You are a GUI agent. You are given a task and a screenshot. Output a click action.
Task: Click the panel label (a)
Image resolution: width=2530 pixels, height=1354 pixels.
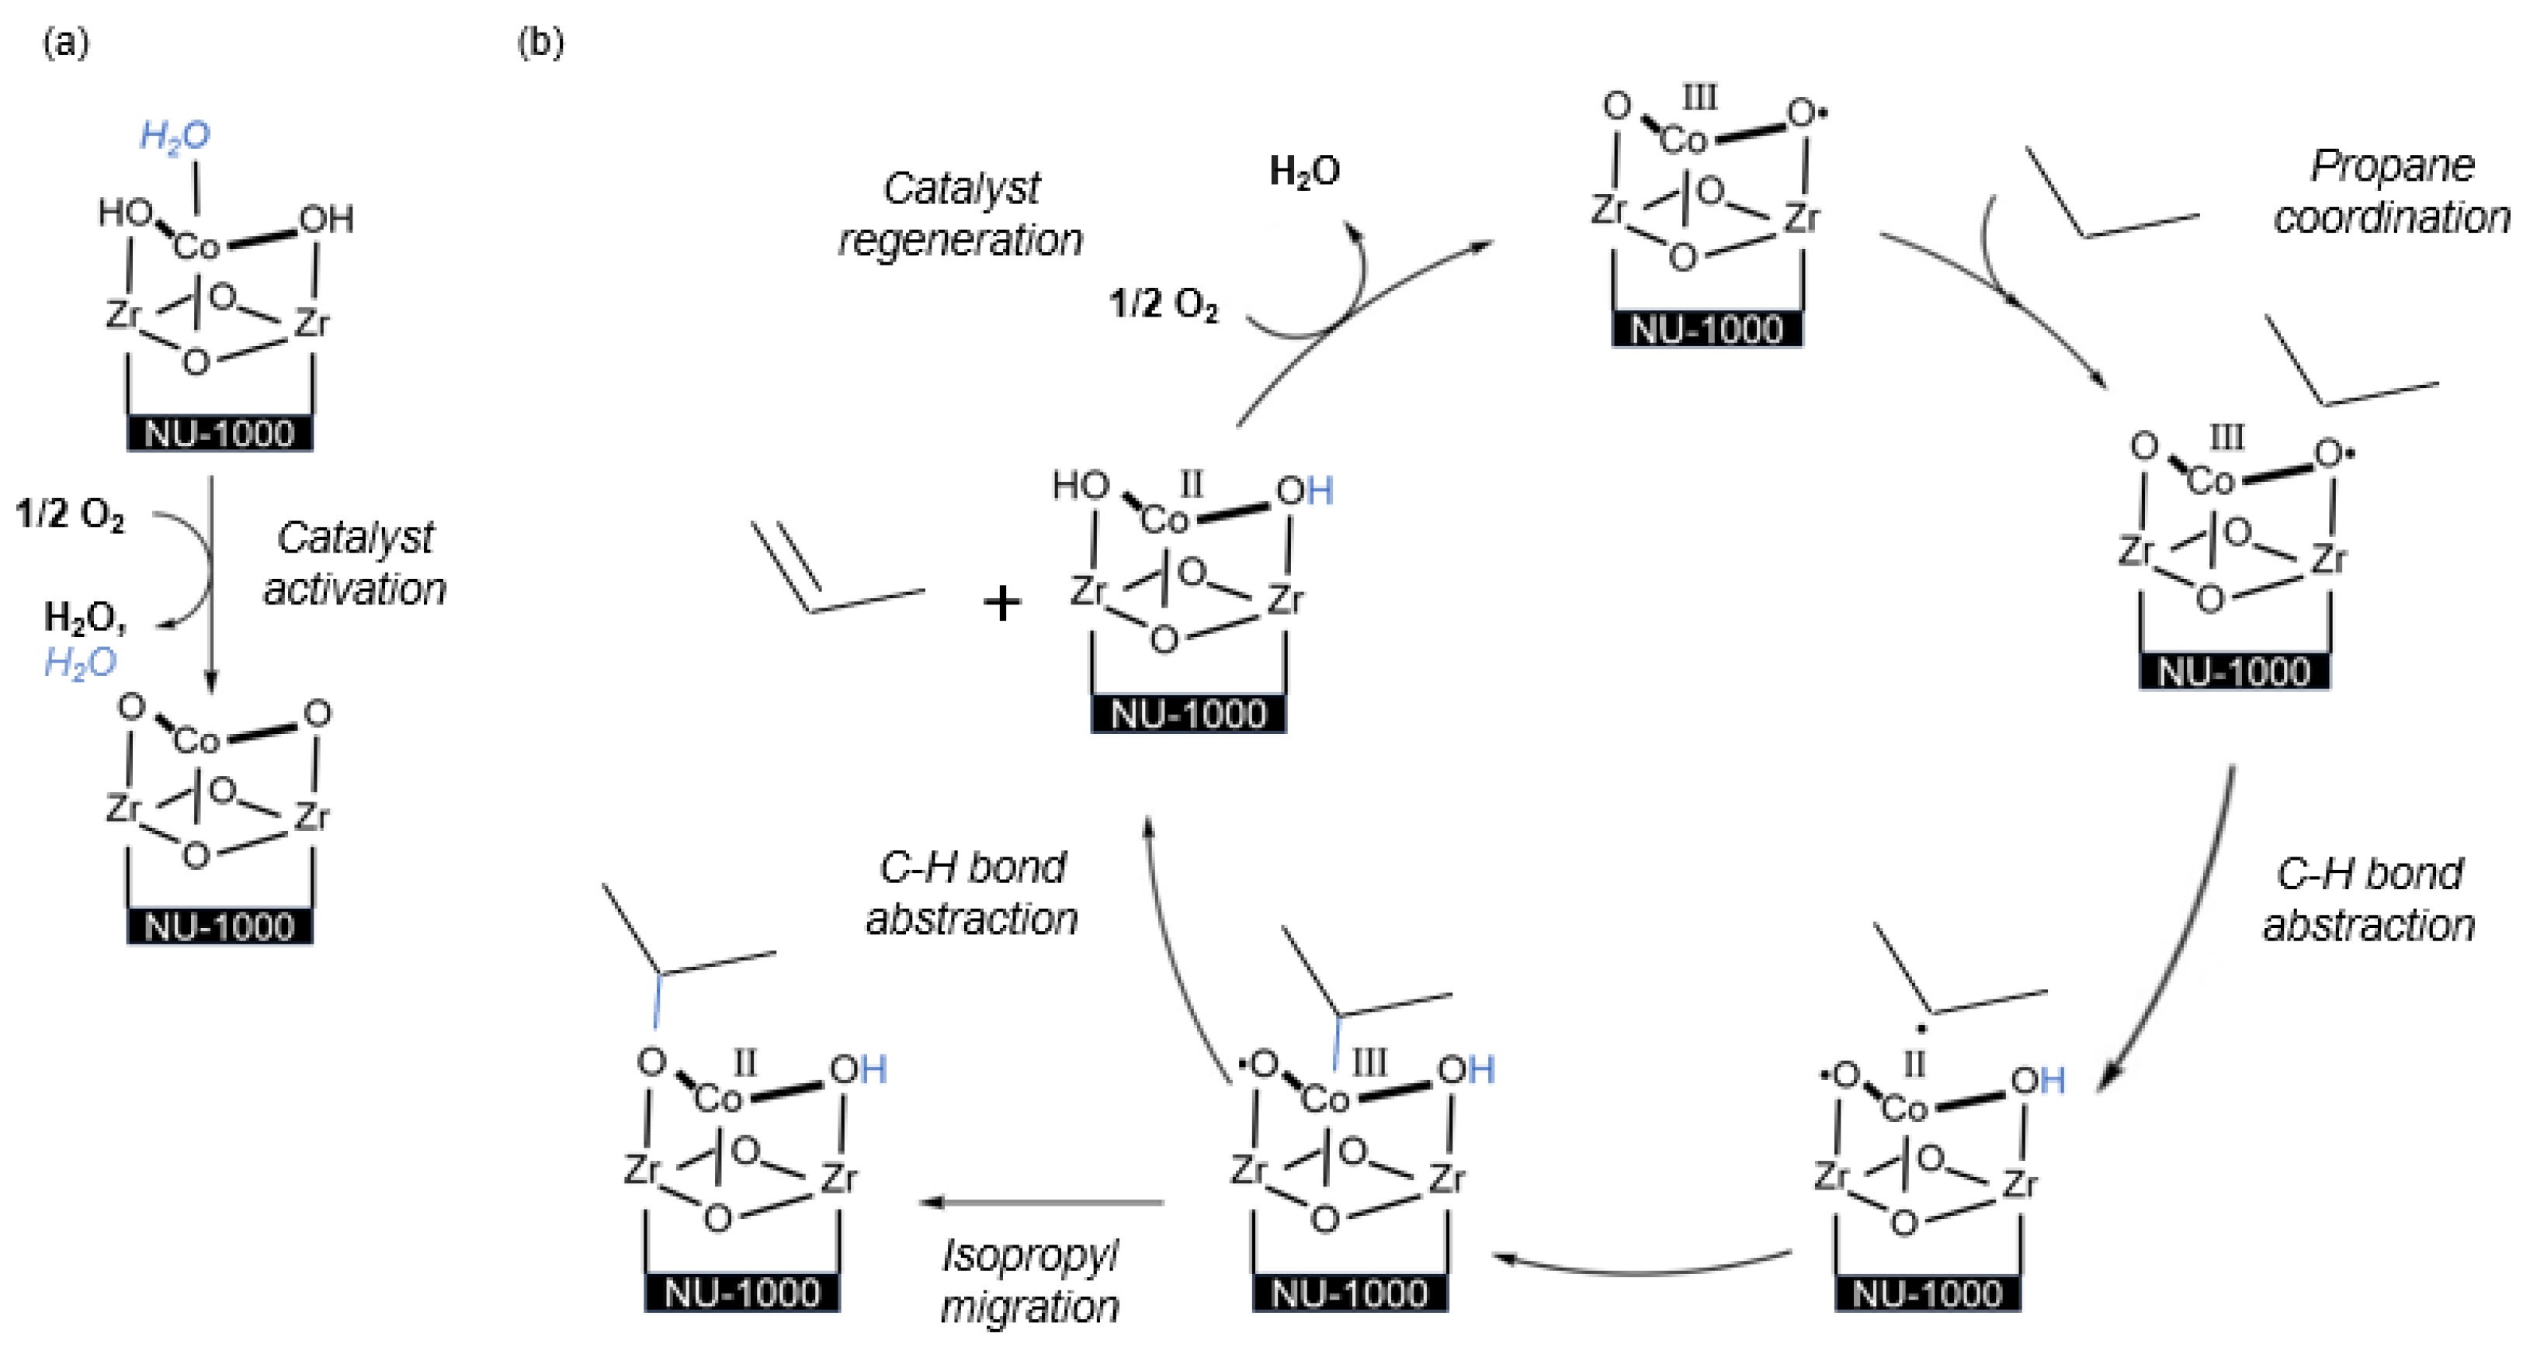click(66, 43)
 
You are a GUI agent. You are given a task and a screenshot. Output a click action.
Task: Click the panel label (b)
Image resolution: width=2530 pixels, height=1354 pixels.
click(540, 43)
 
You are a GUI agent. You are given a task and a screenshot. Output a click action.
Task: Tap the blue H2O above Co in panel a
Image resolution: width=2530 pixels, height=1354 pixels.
click(175, 136)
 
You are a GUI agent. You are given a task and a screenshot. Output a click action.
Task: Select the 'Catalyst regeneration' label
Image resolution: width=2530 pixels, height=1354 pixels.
click(960, 214)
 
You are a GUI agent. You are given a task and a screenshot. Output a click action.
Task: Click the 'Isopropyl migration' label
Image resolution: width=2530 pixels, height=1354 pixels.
click(1029, 1280)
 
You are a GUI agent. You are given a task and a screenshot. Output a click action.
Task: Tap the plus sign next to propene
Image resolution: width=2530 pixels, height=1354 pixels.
click(1001, 603)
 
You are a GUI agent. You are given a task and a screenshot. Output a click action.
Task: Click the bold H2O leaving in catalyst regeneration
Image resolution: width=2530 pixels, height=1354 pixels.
click(1304, 171)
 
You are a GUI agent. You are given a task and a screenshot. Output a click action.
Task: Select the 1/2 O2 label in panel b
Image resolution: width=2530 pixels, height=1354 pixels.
click(1163, 304)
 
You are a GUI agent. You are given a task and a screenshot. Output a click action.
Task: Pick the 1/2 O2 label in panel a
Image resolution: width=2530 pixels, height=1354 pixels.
click(70, 514)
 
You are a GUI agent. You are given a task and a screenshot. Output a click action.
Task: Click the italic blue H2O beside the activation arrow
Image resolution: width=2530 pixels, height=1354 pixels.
click(81, 663)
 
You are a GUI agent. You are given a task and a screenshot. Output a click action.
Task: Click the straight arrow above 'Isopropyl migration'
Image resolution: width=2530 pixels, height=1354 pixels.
click(1041, 1202)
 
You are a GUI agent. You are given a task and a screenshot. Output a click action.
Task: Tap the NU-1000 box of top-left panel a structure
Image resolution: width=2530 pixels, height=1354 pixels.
click(219, 433)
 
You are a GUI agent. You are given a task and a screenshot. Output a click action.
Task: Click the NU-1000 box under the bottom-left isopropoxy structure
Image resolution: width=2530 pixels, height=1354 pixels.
click(741, 1293)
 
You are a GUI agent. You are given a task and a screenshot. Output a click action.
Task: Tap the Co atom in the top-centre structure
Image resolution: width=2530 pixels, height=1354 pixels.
click(1683, 141)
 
